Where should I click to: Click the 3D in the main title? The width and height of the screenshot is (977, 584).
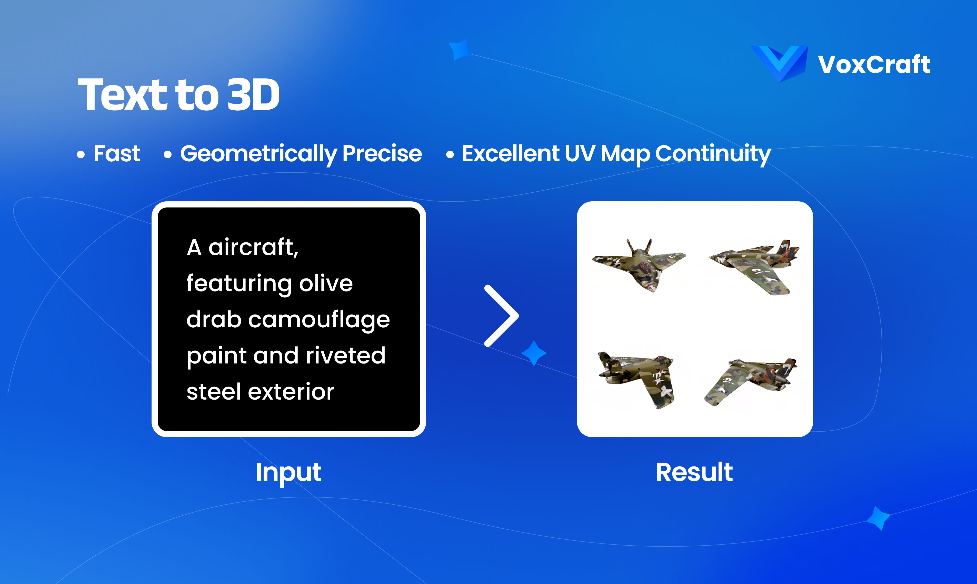254,95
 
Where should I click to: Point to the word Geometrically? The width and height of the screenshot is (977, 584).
258,154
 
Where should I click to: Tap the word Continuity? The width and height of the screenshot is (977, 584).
713,154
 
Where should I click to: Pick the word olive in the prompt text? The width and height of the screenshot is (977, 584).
326,283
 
